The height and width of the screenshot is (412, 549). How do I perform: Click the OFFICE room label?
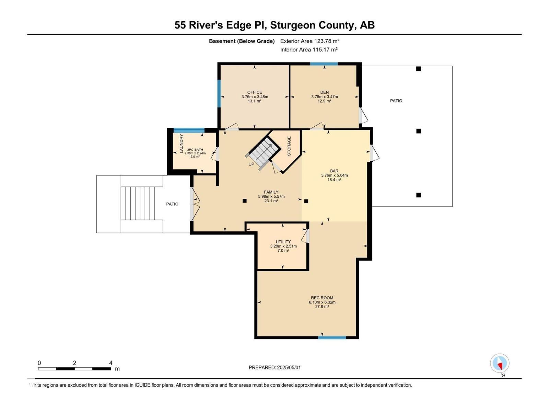pos(255,92)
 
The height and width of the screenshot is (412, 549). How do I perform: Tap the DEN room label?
pos(325,92)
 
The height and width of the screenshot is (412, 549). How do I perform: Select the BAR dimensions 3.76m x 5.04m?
pos(334,175)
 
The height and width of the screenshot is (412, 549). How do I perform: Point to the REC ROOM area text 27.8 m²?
pos(322,307)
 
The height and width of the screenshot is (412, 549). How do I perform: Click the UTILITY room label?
pos(283,242)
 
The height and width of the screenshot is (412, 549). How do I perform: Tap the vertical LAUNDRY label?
pos(182,144)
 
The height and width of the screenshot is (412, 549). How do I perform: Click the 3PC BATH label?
pos(195,150)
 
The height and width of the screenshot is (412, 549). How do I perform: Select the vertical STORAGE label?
pos(289,146)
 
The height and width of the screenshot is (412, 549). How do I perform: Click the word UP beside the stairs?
pos(251,164)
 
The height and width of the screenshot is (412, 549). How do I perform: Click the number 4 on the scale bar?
pos(110,363)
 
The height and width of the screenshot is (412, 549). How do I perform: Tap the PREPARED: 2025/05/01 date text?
pos(274,367)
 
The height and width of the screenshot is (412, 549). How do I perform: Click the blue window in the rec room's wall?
pos(332,337)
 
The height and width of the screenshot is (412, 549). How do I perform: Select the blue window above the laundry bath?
pos(189,130)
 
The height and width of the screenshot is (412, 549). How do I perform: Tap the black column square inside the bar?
pos(306,201)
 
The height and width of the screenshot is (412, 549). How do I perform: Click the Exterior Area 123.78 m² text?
pos(309,41)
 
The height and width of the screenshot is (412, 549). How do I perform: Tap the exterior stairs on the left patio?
pos(141,204)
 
